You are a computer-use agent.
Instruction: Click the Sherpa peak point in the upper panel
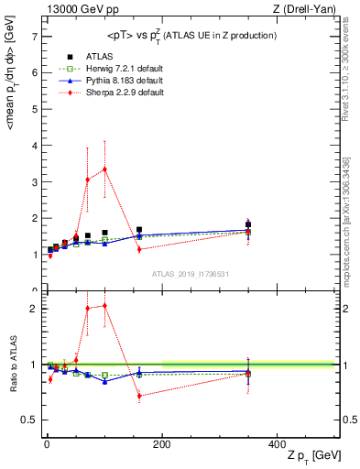click(x=104, y=169)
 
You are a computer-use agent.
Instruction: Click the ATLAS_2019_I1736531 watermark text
click(x=190, y=273)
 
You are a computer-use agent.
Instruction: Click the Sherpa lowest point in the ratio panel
click(x=139, y=396)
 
